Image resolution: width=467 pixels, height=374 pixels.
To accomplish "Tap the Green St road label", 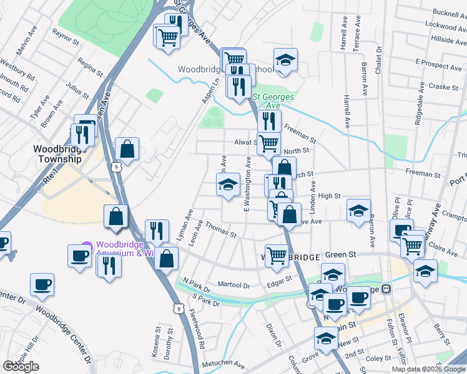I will [341, 255].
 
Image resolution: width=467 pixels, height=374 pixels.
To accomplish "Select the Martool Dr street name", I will [234, 284].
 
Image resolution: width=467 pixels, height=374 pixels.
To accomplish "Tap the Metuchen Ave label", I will [222, 363].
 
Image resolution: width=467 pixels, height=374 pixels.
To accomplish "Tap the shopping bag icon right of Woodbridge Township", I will [127, 149].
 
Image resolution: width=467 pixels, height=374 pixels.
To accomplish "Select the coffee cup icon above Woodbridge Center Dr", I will [42, 284].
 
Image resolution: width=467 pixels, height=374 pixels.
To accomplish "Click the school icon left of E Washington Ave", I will [228, 185].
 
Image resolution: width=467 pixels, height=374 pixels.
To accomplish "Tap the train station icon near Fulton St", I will [386, 289].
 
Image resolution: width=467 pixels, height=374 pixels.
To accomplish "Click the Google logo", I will [21, 367].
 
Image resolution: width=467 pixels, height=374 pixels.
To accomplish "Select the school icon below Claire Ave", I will [425, 271].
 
